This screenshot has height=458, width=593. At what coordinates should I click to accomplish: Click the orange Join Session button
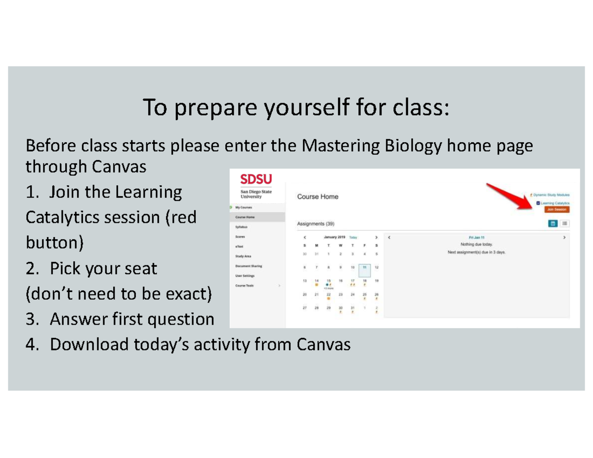coord(557,209)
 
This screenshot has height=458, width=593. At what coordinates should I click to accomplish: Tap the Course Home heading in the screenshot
coord(318,197)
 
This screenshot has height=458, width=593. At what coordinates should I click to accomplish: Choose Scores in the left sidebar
coord(240,237)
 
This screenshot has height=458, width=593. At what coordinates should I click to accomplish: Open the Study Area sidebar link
coord(243,256)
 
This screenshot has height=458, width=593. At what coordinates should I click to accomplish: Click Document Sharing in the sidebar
coord(249,266)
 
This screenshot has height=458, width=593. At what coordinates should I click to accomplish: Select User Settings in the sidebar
coord(245,276)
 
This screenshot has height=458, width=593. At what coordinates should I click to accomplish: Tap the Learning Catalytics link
coord(554,203)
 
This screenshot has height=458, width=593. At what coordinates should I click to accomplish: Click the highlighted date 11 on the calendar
coord(365,267)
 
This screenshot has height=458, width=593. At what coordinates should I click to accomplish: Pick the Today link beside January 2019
coord(353,237)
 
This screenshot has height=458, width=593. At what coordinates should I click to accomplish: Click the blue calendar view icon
coord(553,223)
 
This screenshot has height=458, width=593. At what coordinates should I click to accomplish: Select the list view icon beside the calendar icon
coord(564,223)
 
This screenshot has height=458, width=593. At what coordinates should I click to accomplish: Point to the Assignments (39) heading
coord(315,224)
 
